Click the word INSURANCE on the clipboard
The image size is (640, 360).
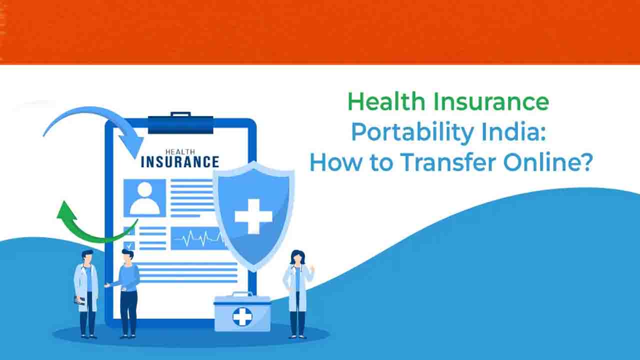pyautogui.click(x=180, y=162)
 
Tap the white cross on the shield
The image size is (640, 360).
pyautogui.click(x=253, y=216)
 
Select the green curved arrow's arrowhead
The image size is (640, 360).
pyautogui.click(x=66, y=210)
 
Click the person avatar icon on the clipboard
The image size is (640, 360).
pyautogui.click(x=144, y=197)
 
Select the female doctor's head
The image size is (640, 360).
pyautogui.click(x=296, y=257)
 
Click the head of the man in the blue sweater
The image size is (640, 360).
pyautogui.click(x=127, y=255)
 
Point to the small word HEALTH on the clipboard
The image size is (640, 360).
pyautogui.click(x=180, y=151)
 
